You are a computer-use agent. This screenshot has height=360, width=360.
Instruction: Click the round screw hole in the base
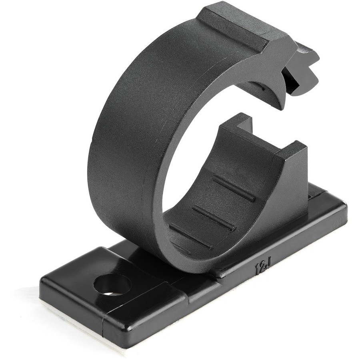(112, 285)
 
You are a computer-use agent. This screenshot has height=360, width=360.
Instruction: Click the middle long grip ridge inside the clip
(214, 218)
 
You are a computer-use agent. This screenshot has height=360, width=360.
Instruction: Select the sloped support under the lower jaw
(288, 192)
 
